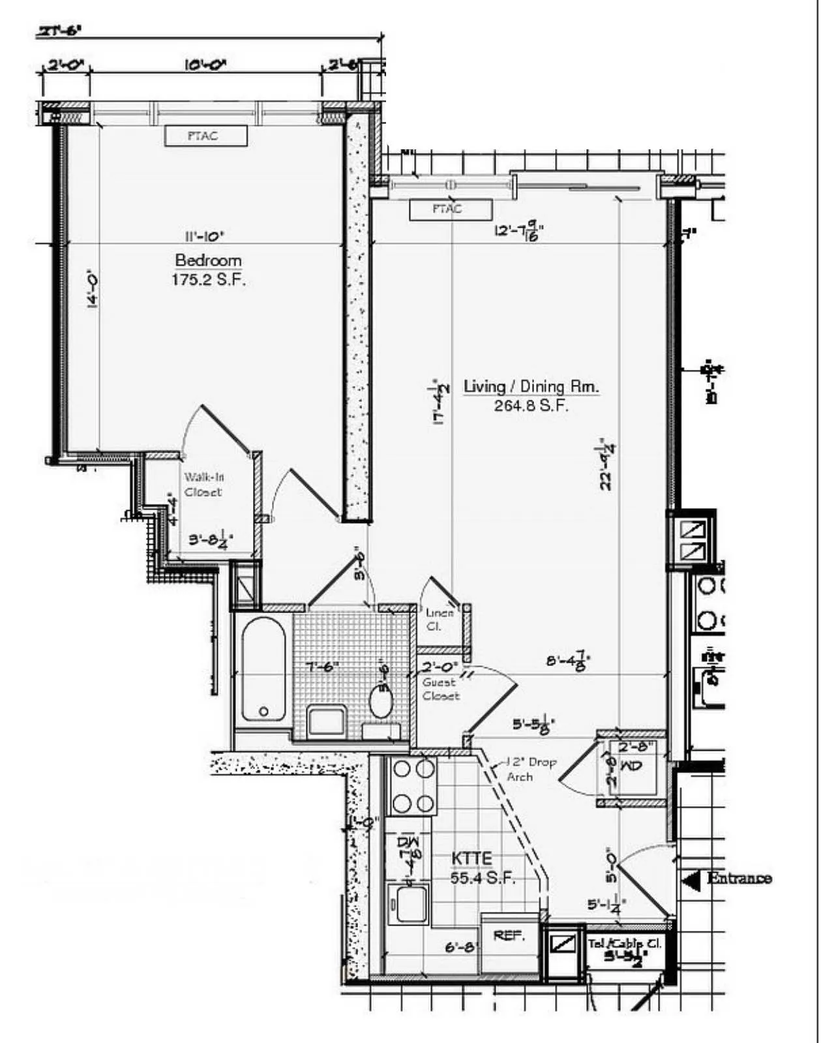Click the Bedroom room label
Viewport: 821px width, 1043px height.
pos(208,260)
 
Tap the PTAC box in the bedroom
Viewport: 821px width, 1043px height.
pos(205,136)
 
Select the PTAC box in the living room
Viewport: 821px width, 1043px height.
pos(450,209)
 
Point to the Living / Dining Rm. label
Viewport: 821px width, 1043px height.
pos(531,386)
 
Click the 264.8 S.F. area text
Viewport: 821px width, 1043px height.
pos(531,406)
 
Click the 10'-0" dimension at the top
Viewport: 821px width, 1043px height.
pos(205,65)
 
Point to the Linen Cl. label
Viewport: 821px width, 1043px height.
pos(439,619)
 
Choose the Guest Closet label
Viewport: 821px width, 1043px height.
pos(440,689)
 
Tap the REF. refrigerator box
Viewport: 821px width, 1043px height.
pos(509,936)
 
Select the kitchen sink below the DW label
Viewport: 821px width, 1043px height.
pos(408,903)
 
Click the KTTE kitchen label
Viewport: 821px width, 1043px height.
pos(471,858)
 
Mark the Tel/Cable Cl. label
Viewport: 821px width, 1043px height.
pos(624,943)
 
